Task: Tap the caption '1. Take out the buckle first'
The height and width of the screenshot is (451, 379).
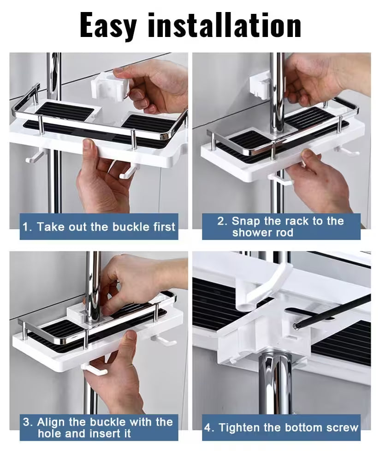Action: pos(99,227)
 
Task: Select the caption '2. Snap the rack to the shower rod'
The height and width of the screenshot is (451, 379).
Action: pos(281,226)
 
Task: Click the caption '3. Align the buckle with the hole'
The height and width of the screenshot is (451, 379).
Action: pos(98,427)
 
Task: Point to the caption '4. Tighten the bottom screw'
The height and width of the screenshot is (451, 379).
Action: pos(281,427)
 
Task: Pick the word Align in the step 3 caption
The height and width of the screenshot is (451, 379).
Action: pos(52,421)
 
